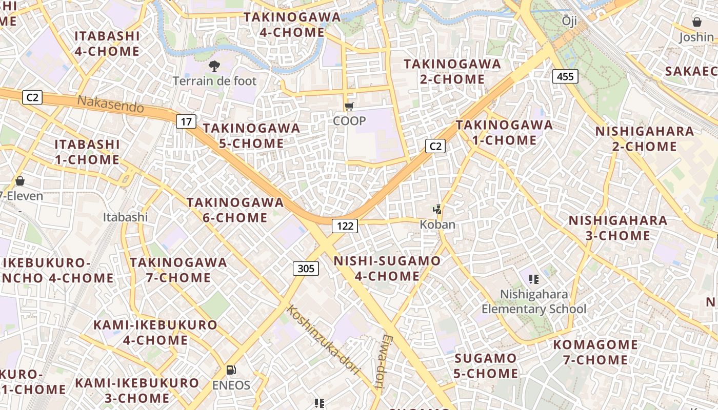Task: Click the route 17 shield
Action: point(186,121)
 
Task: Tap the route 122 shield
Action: point(344,225)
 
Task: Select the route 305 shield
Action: point(306,268)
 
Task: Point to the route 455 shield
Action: point(565,76)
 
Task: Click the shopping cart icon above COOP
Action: point(349,107)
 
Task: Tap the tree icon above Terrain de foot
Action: point(214,66)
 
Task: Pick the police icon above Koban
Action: point(437,210)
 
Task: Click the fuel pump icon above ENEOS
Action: point(231,370)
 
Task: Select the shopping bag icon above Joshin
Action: point(696,22)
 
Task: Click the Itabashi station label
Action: point(125,217)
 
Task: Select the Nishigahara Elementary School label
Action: point(534,301)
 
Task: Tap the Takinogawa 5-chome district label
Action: point(251,136)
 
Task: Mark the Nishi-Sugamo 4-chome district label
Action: point(387,269)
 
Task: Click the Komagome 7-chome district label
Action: point(595,352)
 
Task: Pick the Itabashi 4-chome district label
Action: point(107,44)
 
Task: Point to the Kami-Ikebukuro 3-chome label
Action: point(137,390)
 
